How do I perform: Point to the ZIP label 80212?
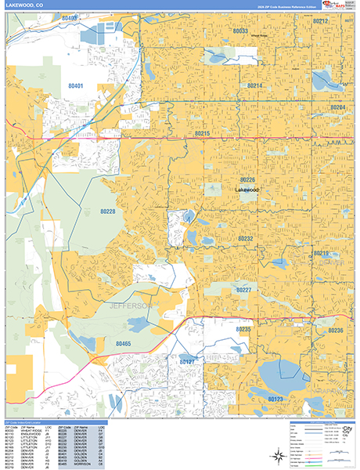pyautogui.click(x=321, y=22)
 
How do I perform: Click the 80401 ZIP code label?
pyautogui.click(x=76, y=85)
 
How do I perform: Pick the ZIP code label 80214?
pyautogui.click(x=254, y=85)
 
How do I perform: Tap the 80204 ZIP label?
pyautogui.click(x=337, y=107)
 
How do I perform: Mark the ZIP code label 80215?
pyautogui.click(x=202, y=134)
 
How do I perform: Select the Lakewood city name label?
pyautogui.click(x=247, y=190)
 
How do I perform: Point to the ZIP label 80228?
pyautogui.click(x=108, y=211)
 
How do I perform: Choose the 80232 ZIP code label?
pyautogui.click(x=245, y=238)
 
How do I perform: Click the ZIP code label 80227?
pyautogui.click(x=243, y=290)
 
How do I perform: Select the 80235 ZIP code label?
pyautogui.click(x=243, y=330)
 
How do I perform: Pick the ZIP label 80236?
pyautogui.click(x=336, y=331)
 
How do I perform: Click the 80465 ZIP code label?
pyautogui.click(x=124, y=343)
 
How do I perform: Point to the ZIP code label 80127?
pyautogui.click(x=187, y=362)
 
